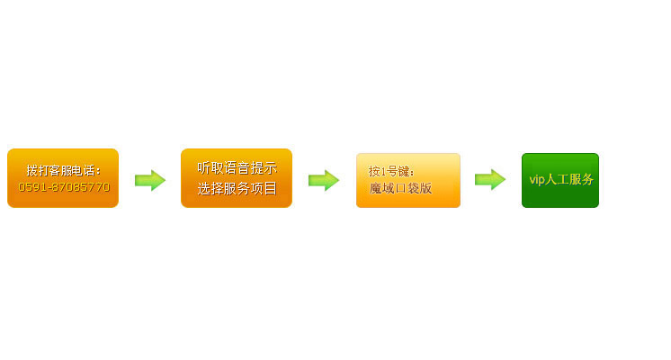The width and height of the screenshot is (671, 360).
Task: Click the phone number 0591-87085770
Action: [x=64, y=187]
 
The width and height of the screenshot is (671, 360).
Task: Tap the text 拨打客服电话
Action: [x=62, y=170]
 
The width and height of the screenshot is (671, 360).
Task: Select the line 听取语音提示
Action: [x=237, y=167]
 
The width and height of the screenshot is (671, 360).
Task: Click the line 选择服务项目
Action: [x=237, y=188]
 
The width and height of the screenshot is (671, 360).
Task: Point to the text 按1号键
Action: [x=389, y=172]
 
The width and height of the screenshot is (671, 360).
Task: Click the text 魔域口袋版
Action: [x=400, y=188]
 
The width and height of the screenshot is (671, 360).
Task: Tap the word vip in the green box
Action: [x=537, y=179]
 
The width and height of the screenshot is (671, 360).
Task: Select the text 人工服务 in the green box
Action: [x=569, y=179]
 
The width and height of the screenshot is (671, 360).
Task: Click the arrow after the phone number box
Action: [x=150, y=180]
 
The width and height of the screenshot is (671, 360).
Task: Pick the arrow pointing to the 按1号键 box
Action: [x=324, y=180]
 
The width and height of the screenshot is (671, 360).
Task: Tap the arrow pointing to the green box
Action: [x=490, y=179]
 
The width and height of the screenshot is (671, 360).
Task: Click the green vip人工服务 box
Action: [x=560, y=180]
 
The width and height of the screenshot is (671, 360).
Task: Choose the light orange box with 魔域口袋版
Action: [x=408, y=180]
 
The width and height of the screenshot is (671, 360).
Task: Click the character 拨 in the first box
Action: [x=32, y=170]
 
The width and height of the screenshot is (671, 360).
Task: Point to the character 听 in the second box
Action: [x=203, y=167]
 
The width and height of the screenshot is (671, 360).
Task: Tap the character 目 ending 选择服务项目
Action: [x=271, y=188]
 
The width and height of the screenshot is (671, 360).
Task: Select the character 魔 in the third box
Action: [x=375, y=188]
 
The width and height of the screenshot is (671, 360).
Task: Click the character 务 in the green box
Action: [x=587, y=179]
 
